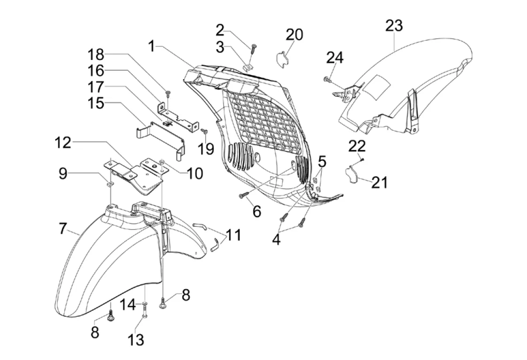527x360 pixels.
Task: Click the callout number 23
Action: click(393, 25)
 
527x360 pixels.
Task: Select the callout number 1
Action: click(152, 46)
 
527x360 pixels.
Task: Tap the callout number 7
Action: click(63, 229)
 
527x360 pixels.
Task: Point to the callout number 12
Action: click(63, 142)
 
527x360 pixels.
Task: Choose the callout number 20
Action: click(294, 34)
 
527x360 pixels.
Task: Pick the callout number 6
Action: click(257, 211)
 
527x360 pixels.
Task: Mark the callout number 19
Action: click(206, 148)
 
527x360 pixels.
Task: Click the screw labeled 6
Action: click(244, 195)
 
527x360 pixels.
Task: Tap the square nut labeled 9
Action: click(109, 184)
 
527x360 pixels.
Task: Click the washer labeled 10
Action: click(162, 163)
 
